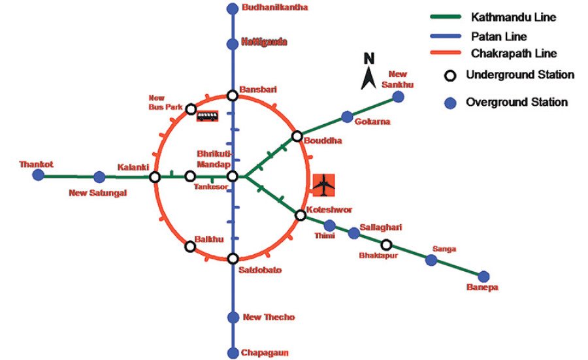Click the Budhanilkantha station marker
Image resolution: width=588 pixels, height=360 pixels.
pos(233,8)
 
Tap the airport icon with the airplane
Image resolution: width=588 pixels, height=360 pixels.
pos(323,185)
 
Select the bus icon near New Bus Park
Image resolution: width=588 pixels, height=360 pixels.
pos(207,116)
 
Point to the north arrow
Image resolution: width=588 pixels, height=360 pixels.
pos(368,78)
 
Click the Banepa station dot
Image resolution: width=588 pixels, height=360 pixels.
pos(483,277)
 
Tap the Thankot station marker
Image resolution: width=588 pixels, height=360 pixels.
pos(39,174)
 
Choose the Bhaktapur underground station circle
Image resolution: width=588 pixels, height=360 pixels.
pos(386,245)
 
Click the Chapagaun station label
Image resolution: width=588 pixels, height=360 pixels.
pos(265,353)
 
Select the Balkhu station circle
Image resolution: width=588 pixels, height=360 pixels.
pos(191,246)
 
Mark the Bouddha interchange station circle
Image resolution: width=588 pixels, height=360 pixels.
pos(297,136)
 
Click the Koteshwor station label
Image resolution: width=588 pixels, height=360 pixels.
pos(329,210)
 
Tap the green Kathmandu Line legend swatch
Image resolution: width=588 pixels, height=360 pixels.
pos(446,17)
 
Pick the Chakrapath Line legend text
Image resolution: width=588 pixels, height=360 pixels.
pos(514,54)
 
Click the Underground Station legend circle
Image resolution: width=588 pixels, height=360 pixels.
pos(450,76)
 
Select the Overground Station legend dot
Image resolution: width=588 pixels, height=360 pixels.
pos(450,103)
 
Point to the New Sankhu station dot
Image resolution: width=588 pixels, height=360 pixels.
pos(399,97)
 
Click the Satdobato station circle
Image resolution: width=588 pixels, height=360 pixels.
pos(233,258)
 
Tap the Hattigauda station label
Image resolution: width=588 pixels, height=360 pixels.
pos(264,41)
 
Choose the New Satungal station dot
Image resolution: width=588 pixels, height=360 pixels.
pos(99,177)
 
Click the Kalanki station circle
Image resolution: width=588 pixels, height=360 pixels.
pos(155,177)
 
